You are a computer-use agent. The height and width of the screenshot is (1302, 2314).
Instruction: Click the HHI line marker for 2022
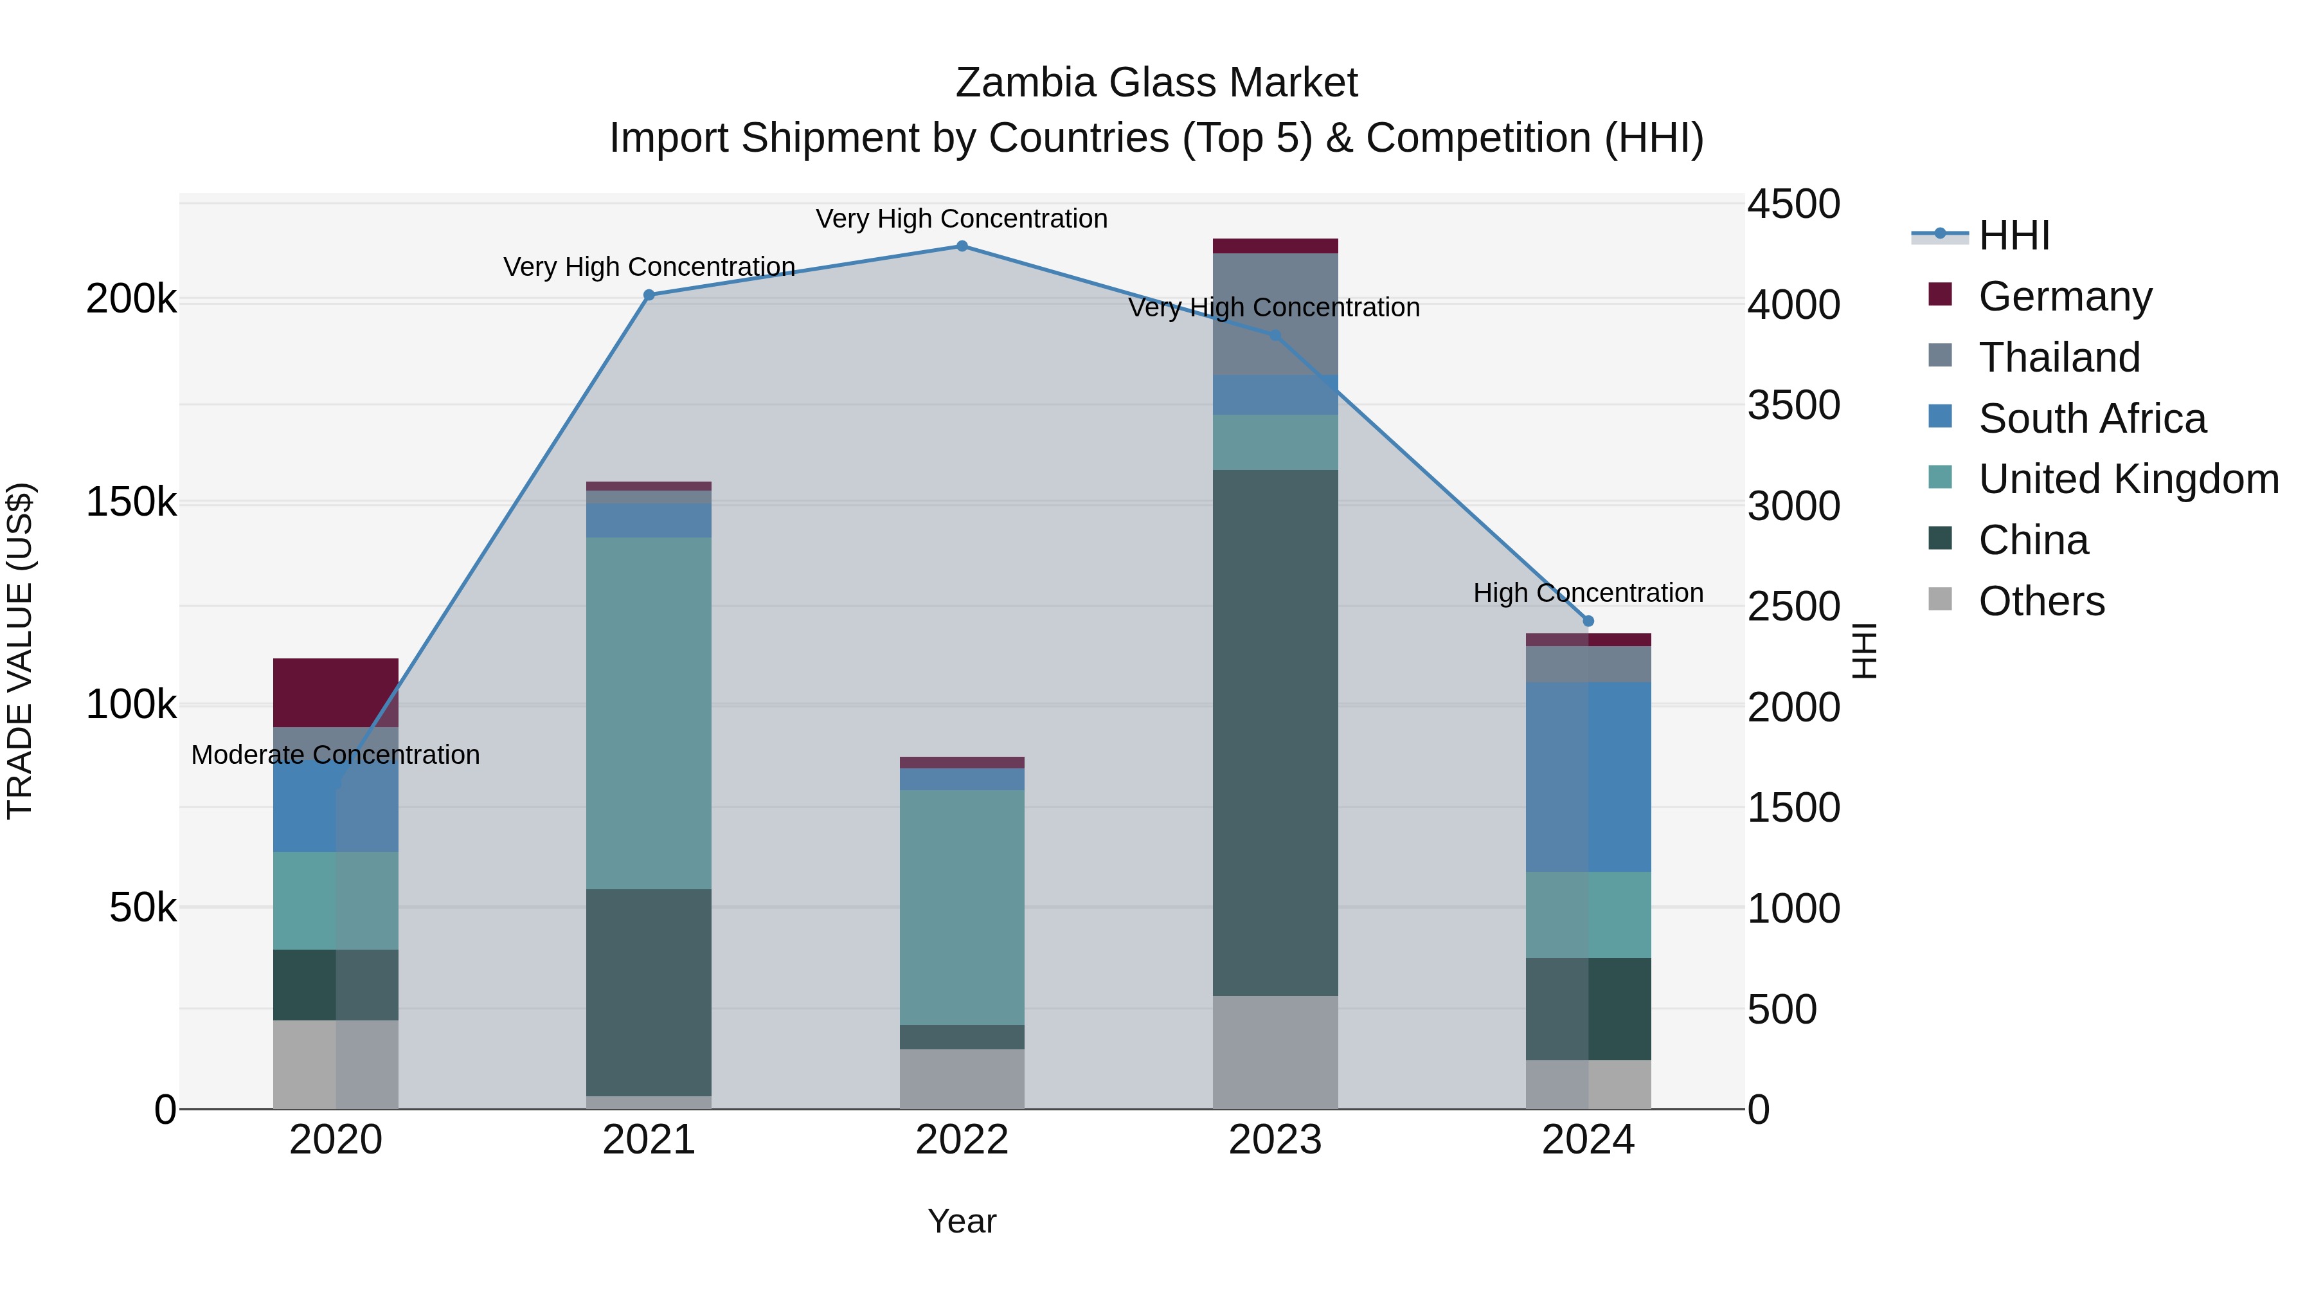961,246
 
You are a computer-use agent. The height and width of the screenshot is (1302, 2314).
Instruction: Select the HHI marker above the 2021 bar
649,294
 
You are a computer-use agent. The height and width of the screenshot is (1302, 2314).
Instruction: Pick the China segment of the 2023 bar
1275,732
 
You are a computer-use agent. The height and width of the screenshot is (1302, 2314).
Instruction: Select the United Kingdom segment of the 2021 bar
649,712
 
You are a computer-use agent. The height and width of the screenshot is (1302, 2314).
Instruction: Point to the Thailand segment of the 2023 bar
1275,314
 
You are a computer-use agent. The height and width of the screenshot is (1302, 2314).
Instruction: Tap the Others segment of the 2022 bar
961,1078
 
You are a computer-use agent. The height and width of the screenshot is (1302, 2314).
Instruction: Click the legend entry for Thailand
2059,357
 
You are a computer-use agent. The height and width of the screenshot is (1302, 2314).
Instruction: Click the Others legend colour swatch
1941,599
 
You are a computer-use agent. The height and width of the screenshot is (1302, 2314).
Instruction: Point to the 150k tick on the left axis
131,502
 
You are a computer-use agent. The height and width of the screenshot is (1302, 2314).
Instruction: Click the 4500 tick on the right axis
1793,204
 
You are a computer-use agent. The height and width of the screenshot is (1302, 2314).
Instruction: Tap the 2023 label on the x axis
1275,1140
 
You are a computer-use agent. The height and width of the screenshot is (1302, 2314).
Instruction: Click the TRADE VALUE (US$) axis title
20,651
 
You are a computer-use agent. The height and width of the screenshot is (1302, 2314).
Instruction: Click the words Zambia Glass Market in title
1156,83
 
